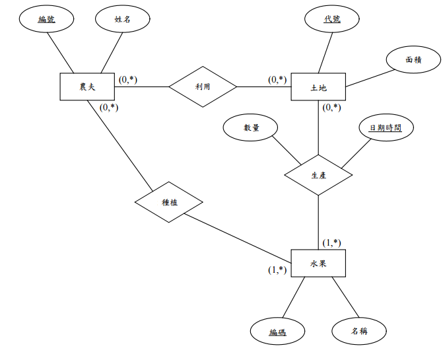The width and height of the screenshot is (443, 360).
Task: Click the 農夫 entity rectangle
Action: (87, 87)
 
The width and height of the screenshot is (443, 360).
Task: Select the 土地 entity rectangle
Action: (318, 87)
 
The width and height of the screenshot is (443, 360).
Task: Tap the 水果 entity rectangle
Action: (318, 264)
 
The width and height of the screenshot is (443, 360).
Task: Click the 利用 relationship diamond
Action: (203, 87)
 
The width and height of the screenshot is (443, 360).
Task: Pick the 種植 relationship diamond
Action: (169, 201)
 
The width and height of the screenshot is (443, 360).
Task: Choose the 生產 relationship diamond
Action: (318, 176)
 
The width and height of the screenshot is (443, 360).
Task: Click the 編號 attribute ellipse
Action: (46, 19)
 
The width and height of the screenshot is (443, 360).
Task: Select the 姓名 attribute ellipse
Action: (123, 19)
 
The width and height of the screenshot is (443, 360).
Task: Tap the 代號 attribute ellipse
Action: (332, 19)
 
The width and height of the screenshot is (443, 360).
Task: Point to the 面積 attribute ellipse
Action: (413, 60)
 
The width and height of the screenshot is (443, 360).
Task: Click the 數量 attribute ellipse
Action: (251, 127)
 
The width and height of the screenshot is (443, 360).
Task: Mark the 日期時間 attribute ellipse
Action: (386, 127)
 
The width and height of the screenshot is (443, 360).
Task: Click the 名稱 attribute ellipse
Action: (358, 331)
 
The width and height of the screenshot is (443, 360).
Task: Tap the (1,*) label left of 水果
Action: (277, 270)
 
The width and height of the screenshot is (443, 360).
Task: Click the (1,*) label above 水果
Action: (332, 242)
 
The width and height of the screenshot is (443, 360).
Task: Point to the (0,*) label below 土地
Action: (332, 107)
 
